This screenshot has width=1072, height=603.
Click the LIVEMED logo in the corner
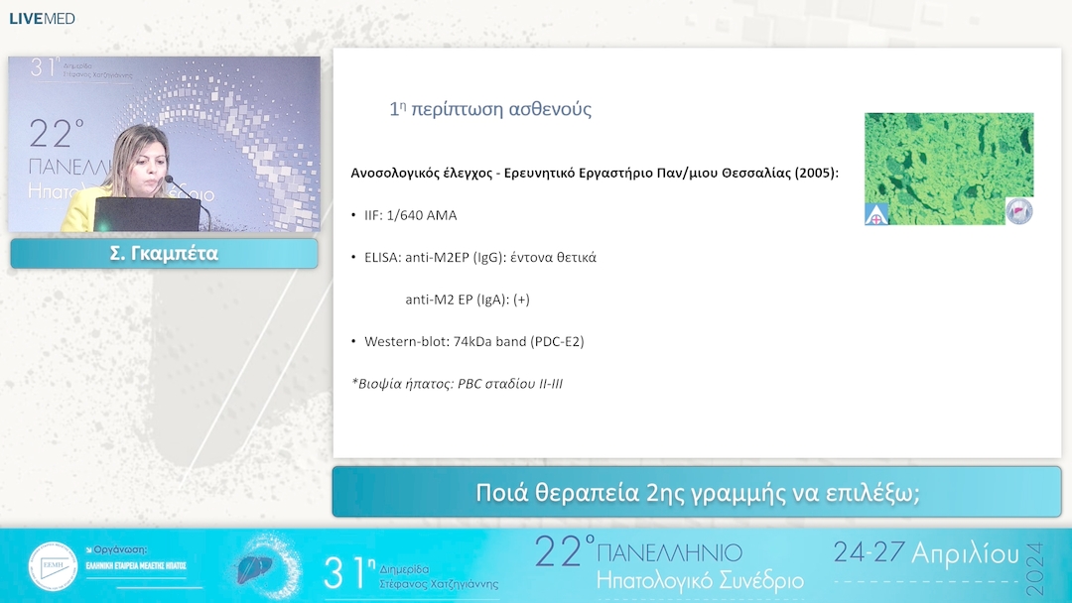[x=42, y=18]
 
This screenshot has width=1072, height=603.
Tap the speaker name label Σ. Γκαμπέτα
[x=164, y=254]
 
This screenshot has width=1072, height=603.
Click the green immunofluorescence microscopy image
[x=948, y=164]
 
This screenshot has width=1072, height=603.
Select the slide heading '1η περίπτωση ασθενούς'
[x=490, y=109]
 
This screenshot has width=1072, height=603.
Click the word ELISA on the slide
[x=384, y=257]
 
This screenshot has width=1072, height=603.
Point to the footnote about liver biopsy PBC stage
[x=457, y=383]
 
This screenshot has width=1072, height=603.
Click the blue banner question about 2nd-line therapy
[x=696, y=492]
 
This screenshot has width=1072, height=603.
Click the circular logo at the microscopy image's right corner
[x=1018, y=210]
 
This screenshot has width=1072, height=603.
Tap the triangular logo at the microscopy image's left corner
[x=876, y=212]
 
